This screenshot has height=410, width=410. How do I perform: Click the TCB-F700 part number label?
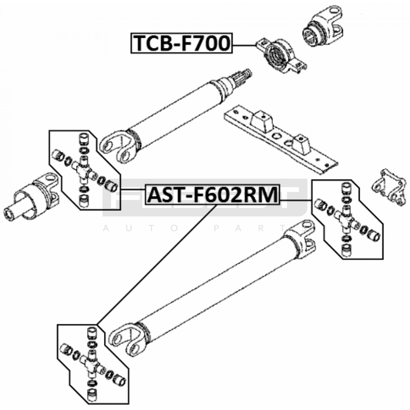click(x=181, y=43)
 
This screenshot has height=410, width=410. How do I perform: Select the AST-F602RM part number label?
click(x=212, y=195)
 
